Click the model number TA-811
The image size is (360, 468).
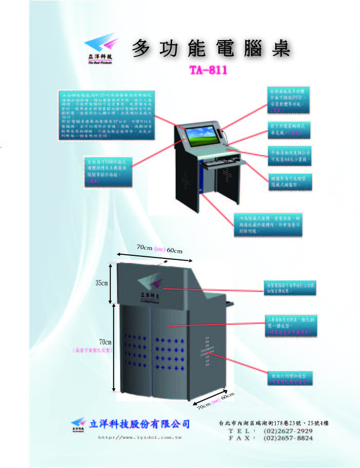click(209, 69)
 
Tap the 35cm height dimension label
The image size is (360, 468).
click(102, 283)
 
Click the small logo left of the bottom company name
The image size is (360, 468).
click(78, 424)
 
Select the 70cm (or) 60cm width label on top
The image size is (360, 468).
click(160, 249)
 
